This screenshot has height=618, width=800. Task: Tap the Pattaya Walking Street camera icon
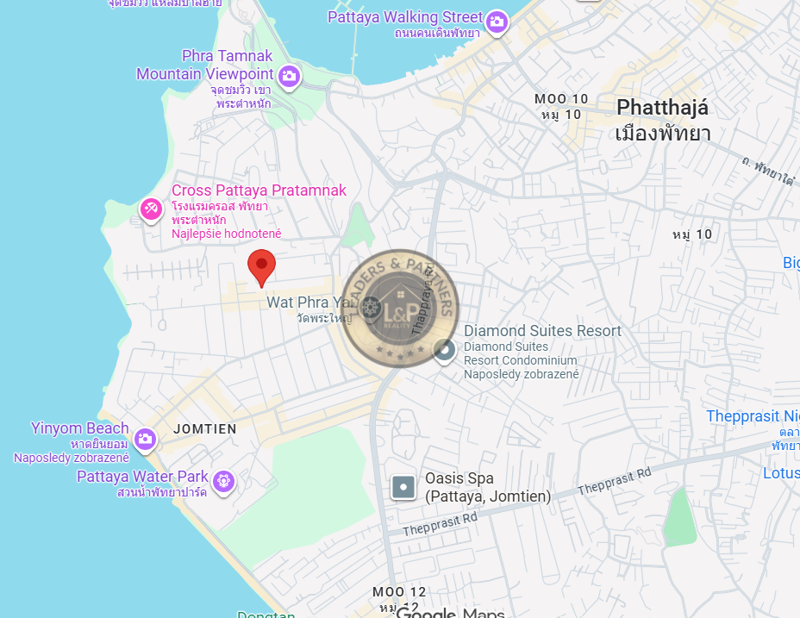(496, 22)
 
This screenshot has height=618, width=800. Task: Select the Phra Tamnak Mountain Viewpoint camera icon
(289, 77)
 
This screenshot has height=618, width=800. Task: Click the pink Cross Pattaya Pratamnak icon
(151, 209)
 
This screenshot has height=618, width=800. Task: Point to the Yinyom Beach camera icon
(145, 439)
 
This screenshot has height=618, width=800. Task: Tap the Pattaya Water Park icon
(224, 479)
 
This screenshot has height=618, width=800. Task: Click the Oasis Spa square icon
(403, 488)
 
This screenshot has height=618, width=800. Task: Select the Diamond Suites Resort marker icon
(444, 350)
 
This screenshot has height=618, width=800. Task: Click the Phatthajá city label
(662, 108)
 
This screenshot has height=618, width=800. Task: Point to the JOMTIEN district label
(204, 428)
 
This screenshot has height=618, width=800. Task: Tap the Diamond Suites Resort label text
(542, 331)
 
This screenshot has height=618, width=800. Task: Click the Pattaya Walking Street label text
(405, 17)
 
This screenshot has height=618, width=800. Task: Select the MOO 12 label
(399, 592)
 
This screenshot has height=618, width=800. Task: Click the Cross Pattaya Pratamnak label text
(259, 190)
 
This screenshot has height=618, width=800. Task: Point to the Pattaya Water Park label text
(142, 477)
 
